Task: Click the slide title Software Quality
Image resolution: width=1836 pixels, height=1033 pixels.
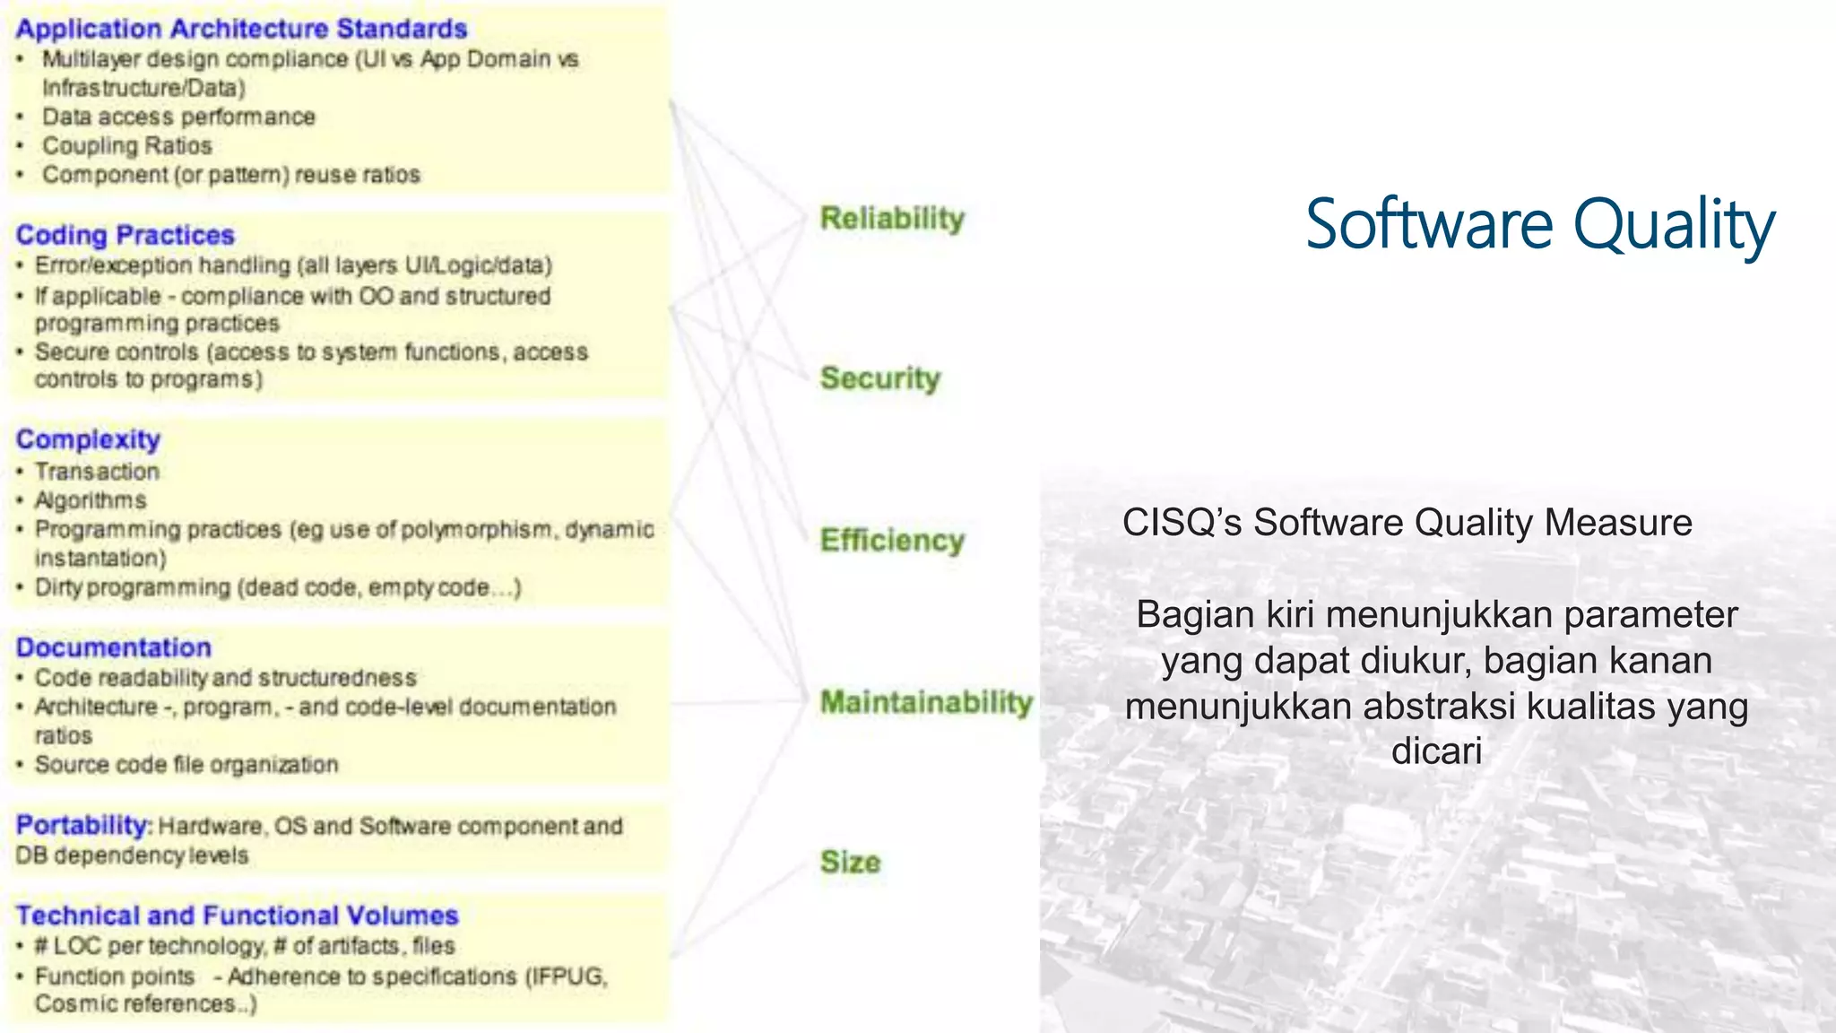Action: [1538, 224]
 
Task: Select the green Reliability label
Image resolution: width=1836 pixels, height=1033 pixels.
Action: [892, 218]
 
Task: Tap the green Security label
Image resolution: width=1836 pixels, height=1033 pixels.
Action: [879, 378]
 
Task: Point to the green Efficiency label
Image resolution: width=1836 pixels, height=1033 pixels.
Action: [892, 540]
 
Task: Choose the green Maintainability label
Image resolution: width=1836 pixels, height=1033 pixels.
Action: [926, 701]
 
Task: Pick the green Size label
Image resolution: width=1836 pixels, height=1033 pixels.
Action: [850, 862]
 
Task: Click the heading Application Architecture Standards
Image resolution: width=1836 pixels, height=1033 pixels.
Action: [241, 29]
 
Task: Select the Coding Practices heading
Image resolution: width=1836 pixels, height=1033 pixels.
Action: [125, 235]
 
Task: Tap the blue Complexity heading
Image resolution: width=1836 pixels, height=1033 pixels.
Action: [88, 439]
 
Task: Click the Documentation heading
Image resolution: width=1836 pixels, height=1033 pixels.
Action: [114, 647]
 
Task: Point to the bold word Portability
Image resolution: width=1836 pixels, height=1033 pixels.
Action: [82, 825]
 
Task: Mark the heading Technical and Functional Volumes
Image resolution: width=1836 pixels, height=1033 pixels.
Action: [237, 916]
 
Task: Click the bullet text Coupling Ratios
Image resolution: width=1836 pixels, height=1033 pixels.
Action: [126, 145]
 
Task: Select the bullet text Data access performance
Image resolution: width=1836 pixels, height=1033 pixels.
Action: [178, 117]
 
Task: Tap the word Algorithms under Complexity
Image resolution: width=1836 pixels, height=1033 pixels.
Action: [90, 500]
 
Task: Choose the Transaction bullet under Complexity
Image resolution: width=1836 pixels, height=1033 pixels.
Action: [97, 472]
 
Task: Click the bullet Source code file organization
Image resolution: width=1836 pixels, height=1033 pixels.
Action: [186, 765]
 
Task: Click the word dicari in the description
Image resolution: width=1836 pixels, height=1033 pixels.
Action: [1436, 751]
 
